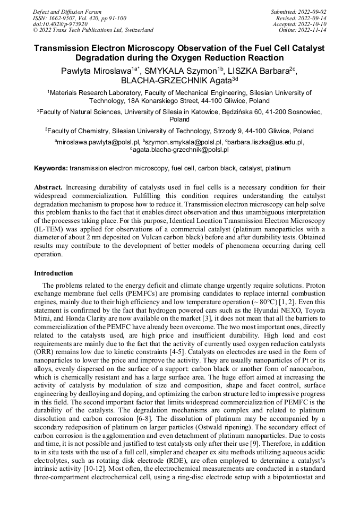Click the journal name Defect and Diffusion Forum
pos(67,12)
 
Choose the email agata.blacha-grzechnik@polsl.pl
pos(181,150)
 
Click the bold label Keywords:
pos(51,168)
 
